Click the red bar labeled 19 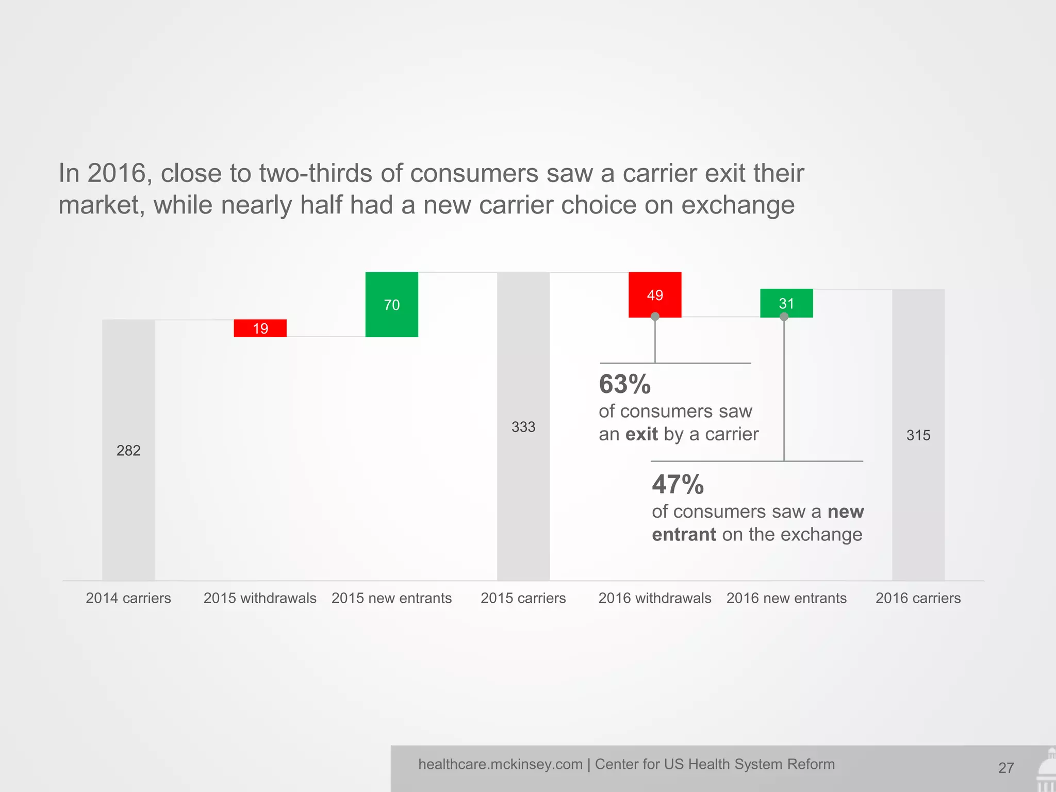tap(260, 328)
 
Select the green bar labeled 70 tap(391, 304)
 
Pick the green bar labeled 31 tap(786, 303)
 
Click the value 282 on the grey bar tap(128, 451)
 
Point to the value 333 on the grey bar tap(523, 427)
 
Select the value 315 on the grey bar tap(918, 435)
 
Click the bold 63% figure tap(625, 384)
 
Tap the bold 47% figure tap(678, 485)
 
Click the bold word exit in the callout tap(641, 434)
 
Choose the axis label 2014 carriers tap(128, 598)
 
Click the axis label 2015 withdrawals tap(260, 598)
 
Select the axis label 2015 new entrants tap(391, 598)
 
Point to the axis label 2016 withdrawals tap(655, 598)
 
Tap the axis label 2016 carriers tap(918, 598)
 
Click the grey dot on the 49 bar tap(655, 317)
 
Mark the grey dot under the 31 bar tap(784, 317)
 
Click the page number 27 tap(1006, 768)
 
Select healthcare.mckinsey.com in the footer tap(500, 764)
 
